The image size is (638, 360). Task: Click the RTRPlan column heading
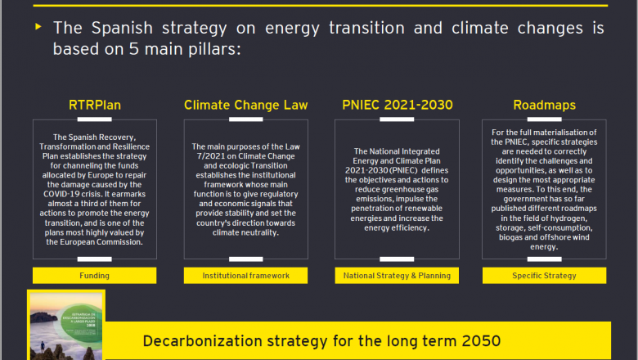point(94,106)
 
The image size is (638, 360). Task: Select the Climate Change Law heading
point(245,106)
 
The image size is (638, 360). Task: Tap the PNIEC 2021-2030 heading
point(397,106)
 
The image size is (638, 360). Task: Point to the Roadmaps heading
point(544,106)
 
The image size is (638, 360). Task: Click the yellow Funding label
point(94,276)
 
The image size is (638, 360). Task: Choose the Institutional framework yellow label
point(245,276)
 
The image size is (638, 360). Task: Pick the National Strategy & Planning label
point(397,276)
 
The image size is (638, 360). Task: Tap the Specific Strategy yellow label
point(544,276)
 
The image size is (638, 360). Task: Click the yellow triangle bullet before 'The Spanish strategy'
point(38,27)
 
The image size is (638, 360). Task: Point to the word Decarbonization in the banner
point(200,340)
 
